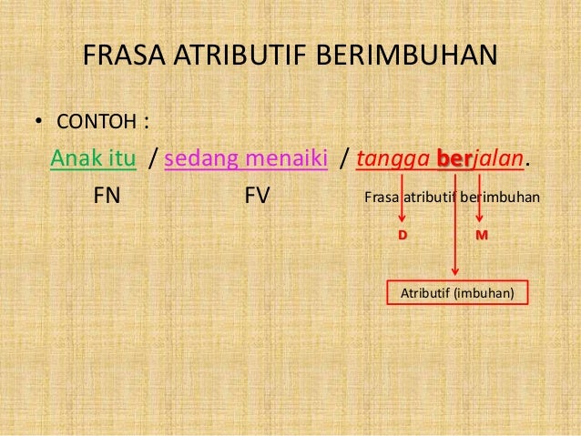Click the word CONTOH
[96, 121]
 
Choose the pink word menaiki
[283, 158]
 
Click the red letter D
[403, 235]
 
